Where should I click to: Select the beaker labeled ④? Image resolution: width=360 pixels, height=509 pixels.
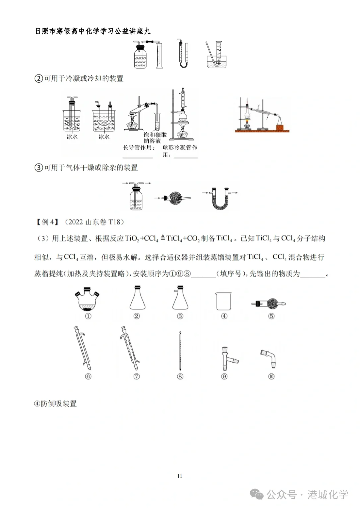223,301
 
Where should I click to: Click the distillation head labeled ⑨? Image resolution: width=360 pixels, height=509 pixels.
227,358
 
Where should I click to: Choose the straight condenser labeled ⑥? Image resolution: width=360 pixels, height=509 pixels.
82,348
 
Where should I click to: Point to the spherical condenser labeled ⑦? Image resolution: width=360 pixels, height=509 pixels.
130,348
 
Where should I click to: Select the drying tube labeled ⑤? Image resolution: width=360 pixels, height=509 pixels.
269,303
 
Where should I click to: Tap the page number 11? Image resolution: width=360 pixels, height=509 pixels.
180,476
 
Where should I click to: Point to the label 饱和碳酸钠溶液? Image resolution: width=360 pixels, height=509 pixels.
155,138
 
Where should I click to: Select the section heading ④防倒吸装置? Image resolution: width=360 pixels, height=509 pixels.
55,404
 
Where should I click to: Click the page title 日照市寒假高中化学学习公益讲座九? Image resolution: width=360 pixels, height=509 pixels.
93,31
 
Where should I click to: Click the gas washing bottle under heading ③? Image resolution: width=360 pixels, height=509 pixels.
136,197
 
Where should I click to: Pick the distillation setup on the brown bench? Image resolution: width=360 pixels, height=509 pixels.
262,115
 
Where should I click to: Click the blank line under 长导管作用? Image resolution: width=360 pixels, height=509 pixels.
138,157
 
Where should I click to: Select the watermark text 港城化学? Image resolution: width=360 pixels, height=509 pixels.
328,495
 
